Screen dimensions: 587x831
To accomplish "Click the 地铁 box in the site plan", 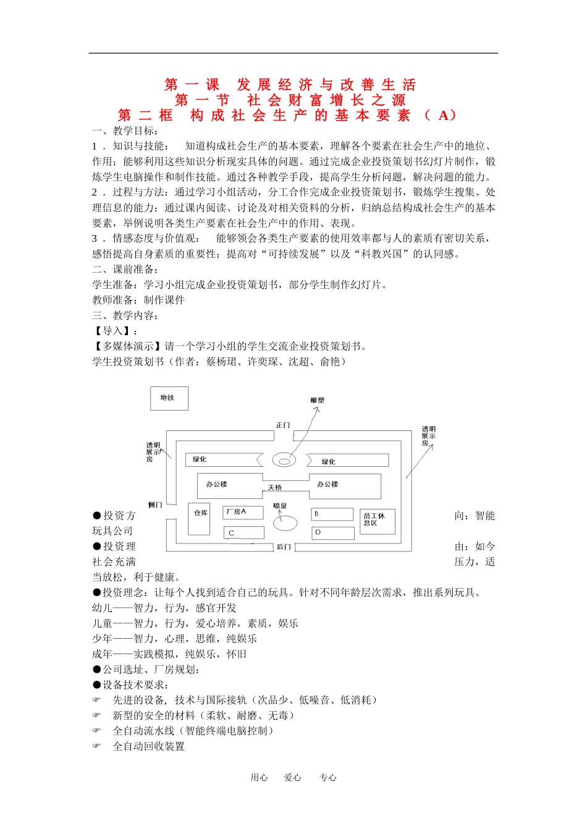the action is (169, 398).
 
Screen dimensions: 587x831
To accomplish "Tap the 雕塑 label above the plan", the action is (318, 401).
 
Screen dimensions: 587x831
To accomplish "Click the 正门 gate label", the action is (283, 425).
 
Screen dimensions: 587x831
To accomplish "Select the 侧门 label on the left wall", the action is (154, 505).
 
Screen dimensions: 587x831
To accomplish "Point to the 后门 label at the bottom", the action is (284, 547).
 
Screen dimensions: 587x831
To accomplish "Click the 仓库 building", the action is (200, 518).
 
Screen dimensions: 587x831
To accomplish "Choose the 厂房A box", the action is (243, 512).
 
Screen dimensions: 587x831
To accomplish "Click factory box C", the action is (243, 532).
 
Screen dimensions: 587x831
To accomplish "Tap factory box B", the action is (332, 514).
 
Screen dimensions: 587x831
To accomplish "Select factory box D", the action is (332, 532).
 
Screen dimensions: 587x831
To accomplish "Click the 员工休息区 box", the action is (377, 521).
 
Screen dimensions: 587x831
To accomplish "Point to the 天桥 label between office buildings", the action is (275, 488).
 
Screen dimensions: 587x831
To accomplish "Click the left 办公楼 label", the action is (217, 484).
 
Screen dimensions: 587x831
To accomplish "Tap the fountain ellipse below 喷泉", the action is (285, 523).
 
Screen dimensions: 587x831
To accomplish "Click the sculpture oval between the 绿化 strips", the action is (284, 460).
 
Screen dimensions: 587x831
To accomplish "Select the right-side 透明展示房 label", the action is (428, 435).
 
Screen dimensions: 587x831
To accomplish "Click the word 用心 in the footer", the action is (259, 778).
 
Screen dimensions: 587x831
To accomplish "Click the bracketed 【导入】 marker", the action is (115, 331).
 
